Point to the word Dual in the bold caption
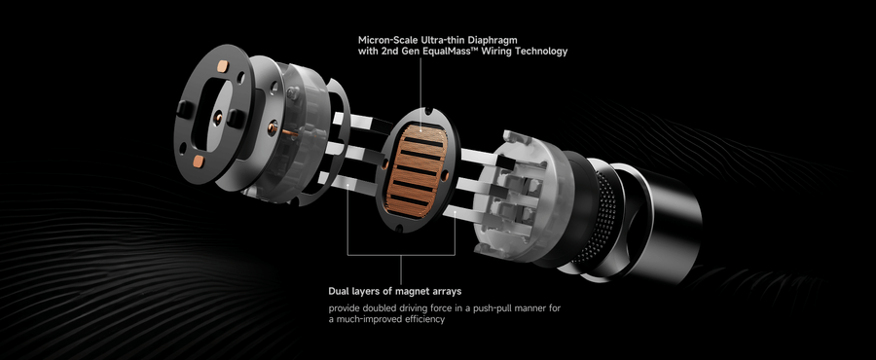339,291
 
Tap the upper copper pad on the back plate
222,67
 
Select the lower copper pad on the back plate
199,162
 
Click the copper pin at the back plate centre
217,117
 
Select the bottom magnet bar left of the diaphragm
347,185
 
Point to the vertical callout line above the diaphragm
420,90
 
